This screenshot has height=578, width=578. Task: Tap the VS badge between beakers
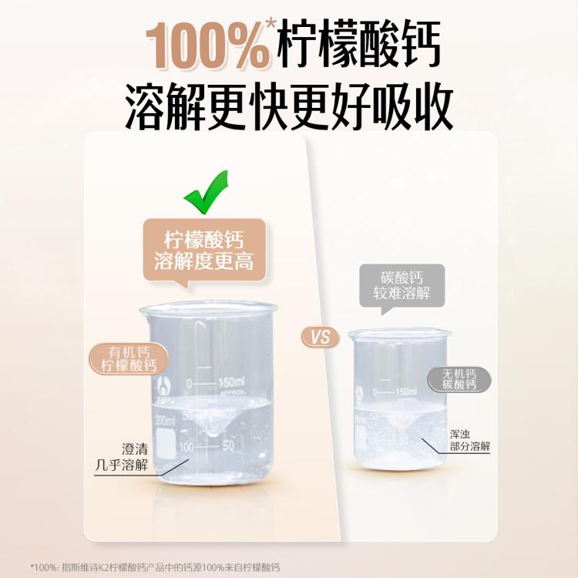point(320,337)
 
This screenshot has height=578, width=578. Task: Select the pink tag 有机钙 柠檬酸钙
point(129,358)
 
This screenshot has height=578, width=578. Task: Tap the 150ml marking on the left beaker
point(230,383)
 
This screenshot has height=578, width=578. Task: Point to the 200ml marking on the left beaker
point(166,420)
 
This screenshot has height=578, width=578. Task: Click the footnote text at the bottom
point(155,567)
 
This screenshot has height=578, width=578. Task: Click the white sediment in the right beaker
point(397,459)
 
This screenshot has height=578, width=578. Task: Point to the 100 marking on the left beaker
point(186,447)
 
